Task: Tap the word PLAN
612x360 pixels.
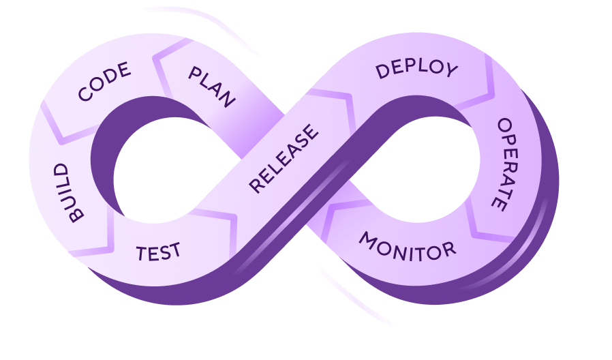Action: tap(212, 87)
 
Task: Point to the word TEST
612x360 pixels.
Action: tap(158, 252)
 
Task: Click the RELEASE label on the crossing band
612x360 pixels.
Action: tap(284, 158)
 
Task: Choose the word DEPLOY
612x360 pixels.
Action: tap(416, 69)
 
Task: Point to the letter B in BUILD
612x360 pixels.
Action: tap(75, 215)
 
